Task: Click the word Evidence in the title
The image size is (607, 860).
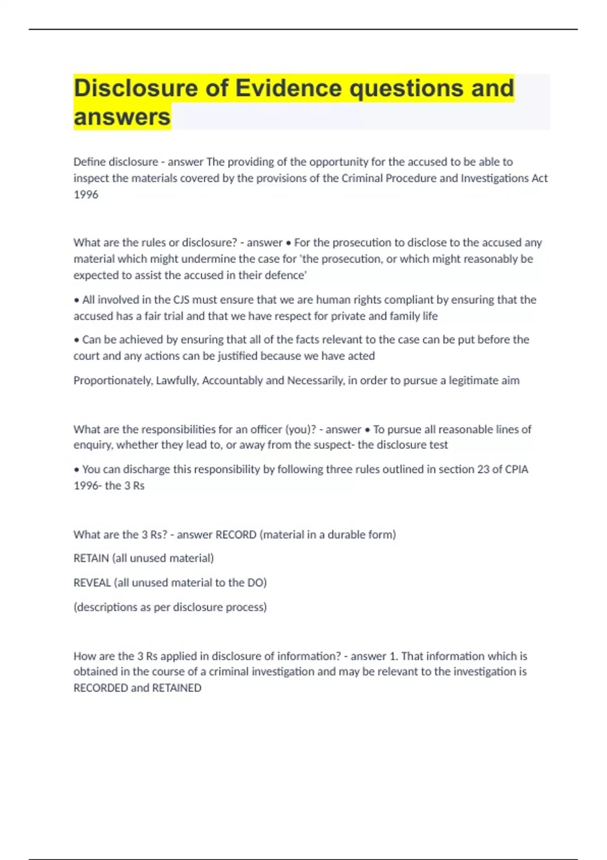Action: click(x=288, y=88)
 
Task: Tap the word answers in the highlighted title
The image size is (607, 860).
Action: click(x=122, y=117)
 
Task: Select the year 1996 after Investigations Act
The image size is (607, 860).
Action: click(x=85, y=195)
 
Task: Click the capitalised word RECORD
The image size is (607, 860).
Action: click(x=236, y=535)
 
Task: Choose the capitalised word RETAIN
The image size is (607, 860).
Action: click(x=91, y=558)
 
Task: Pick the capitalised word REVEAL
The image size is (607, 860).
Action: click(x=92, y=583)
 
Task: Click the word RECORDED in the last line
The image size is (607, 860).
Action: click(x=101, y=688)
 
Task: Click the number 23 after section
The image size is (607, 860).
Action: click(x=483, y=469)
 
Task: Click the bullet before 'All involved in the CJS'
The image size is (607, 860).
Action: click(x=76, y=300)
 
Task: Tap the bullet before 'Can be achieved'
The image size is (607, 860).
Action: click(x=76, y=340)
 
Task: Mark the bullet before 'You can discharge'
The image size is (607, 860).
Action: click(x=76, y=470)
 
